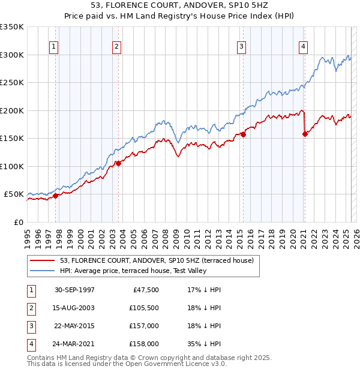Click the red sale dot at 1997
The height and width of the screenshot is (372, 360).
point(55,196)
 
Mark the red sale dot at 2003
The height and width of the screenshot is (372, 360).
point(118,163)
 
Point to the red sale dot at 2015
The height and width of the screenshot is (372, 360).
point(244,134)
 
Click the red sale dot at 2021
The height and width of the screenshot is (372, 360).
point(305,134)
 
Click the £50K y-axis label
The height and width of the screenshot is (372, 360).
point(14,194)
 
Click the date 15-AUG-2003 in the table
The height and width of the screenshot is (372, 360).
point(74,307)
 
